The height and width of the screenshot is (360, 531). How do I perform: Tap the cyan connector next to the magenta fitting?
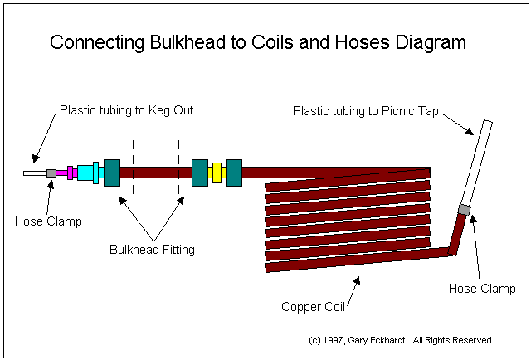[85, 173]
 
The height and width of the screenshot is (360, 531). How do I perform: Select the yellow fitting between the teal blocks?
[217, 173]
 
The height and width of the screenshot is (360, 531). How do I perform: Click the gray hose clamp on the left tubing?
[51, 173]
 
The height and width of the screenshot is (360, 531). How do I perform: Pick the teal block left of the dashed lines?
[112, 173]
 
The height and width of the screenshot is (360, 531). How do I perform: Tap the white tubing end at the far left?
[34, 173]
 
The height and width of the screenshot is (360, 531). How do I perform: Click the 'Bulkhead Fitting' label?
[153, 250]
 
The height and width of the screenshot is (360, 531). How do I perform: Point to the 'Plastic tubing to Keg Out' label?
[126, 109]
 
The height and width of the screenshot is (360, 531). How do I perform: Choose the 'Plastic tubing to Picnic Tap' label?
[368, 109]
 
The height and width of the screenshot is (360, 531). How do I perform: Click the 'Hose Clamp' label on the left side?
[48, 221]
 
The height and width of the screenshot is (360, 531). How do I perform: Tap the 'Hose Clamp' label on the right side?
[482, 289]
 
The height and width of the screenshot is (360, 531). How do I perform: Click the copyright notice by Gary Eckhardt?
[400, 340]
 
